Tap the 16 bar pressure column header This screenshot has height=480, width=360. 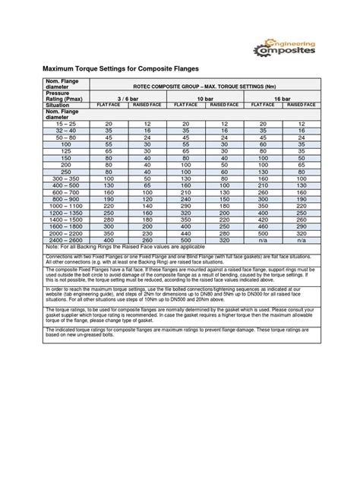tap(281, 99)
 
